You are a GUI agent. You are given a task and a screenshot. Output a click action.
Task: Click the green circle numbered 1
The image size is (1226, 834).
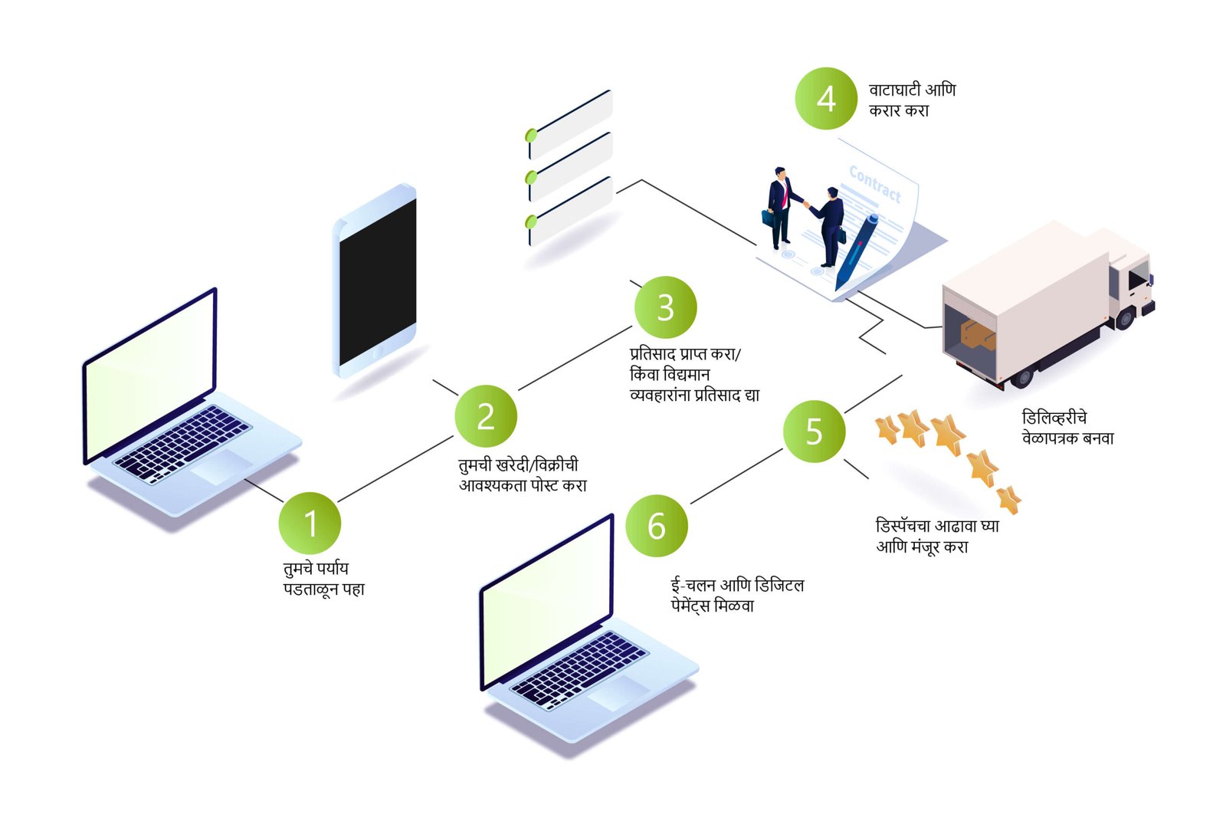coord(310,524)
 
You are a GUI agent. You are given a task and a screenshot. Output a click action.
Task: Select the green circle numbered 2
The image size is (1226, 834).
coord(486,417)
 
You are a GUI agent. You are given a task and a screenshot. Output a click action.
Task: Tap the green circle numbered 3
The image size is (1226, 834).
coord(665,308)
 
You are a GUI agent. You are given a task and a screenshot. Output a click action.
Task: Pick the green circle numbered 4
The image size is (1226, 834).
coord(825,99)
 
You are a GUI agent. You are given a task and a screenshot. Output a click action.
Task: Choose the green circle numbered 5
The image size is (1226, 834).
coord(814,432)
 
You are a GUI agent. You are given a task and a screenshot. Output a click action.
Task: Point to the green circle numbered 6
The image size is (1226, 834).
coord(657,527)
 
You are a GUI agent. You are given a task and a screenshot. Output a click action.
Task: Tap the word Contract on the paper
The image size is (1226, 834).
coord(875,185)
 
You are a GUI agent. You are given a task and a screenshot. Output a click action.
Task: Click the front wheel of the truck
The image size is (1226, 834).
coord(1125,317)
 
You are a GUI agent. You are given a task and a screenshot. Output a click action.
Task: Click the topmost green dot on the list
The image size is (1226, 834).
coord(531,136)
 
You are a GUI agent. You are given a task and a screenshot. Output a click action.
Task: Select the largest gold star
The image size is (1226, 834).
coord(948,433)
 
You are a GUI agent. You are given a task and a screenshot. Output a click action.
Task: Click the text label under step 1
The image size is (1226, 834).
coord(323,579)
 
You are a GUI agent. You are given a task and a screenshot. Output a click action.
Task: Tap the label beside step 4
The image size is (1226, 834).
coord(911,100)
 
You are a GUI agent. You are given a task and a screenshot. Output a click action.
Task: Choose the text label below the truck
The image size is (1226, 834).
coord(1067,428)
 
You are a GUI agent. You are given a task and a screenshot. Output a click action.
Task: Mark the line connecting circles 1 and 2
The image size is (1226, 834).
coord(395,468)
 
